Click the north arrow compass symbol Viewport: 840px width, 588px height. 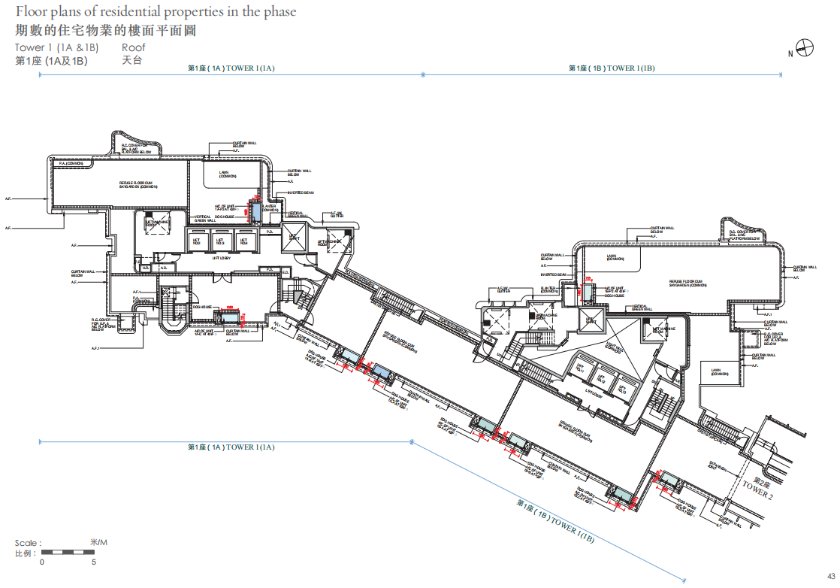click(x=805, y=49)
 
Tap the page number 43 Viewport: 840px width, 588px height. click(x=830, y=576)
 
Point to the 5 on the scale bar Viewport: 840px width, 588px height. click(x=93, y=562)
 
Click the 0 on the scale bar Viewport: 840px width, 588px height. click(x=42, y=562)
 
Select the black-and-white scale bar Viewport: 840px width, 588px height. click(x=68, y=553)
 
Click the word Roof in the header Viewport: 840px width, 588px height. click(x=133, y=47)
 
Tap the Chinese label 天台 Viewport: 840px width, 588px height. click(x=131, y=60)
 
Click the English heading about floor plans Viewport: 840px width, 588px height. click(x=156, y=12)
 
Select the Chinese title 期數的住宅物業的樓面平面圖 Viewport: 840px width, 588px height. click(x=110, y=30)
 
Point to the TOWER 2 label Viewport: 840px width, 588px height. click(x=756, y=489)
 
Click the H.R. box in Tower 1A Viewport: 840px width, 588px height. click(x=145, y=268)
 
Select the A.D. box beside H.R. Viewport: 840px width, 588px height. click(x=163, y=268)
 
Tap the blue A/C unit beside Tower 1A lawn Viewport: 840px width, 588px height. click(x=255, y=214)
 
